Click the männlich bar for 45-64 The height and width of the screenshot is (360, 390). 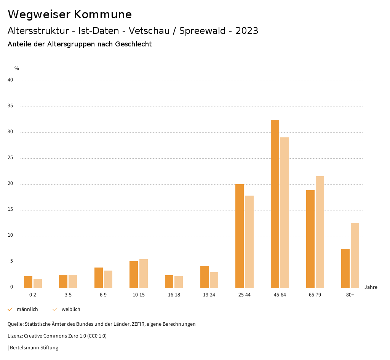click(x=275, y=204)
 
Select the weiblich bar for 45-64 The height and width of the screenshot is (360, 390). click(x=285, y=212)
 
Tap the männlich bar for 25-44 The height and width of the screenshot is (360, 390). click(x=240, y=236)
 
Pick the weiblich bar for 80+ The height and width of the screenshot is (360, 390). click(x=355, y=255)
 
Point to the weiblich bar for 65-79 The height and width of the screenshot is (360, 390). click(x=320, y=232)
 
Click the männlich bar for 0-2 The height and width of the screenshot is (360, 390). click(x=28, y=282)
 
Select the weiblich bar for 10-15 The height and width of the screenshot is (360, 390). click(x=144, y=273)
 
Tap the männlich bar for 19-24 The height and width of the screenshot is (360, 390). click(x=205, y=277)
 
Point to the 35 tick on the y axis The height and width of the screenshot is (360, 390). click(x=10, y=106)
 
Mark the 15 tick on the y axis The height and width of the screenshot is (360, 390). click(x=10, y=210)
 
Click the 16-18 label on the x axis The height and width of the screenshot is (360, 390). click(x=174, y=295)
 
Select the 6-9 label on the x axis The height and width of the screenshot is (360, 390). click(x=103, y=295)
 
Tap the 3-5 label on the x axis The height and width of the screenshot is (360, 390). click(x=68, y=295)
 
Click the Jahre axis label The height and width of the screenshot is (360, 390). click(x=371, y=287)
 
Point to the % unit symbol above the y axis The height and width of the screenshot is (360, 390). click(x=17, y=68)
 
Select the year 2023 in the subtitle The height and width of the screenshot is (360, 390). click(x=247, y=31)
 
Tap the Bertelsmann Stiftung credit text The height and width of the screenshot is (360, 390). click(x=34, y=348)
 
